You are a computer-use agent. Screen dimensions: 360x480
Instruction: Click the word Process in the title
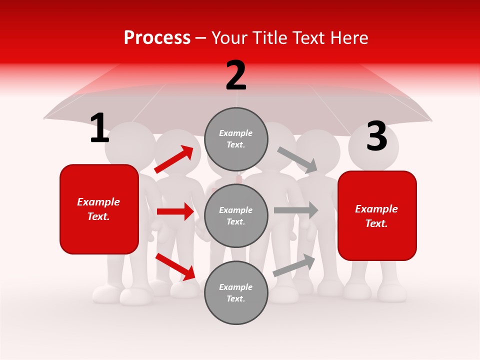point(157,38)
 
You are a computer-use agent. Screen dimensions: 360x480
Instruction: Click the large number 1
point(99,128)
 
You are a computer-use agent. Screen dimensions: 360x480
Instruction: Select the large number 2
point(236,75)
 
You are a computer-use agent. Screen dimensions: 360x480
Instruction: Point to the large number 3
point(376,136)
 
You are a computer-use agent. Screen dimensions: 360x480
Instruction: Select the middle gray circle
point(236,215)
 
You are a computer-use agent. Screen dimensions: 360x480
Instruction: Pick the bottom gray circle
point(236,292)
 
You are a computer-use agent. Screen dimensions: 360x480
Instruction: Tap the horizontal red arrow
point(175,211)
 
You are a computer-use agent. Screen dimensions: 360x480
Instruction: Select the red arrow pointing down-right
point(175,266)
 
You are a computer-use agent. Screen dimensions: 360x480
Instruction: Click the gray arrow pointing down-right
point(297,159)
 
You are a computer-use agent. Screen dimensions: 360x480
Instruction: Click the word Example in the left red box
point(98,202)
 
